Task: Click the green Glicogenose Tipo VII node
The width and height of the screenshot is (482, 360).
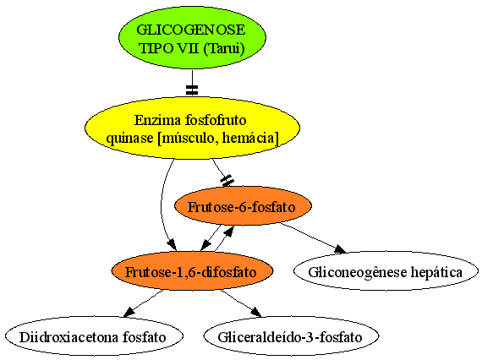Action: pos(192,37)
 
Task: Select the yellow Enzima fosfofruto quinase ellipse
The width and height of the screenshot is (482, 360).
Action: pos(192,128)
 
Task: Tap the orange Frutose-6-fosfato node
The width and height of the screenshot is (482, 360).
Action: pos(243,206)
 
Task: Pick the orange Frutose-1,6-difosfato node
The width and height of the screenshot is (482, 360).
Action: pos(192,271)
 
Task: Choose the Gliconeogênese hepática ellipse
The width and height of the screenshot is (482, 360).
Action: pos(386,271)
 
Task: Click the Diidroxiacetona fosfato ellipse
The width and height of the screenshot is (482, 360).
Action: pos(94,336)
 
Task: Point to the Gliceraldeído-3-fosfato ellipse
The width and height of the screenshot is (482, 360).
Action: pos(291,336)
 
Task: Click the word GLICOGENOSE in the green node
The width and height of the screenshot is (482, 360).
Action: pos(191,30)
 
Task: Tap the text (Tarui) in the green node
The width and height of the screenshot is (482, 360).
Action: pos(224,48)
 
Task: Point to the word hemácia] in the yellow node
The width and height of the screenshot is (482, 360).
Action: pos(250,139)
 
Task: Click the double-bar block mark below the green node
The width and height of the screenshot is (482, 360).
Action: pos(192,90)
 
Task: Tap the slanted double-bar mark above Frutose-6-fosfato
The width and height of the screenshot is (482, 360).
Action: pos(227,181)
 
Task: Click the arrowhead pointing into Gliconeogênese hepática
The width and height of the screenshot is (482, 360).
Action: pos(340,248)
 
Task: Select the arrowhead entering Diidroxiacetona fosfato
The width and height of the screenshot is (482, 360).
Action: pos(129,312)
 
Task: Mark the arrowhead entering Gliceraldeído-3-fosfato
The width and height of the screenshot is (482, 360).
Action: pos(256,312)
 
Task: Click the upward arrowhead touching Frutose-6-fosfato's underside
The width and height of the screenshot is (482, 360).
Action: pos(229,232)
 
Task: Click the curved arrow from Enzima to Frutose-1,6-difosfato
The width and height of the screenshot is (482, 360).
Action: pos(162,204)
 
